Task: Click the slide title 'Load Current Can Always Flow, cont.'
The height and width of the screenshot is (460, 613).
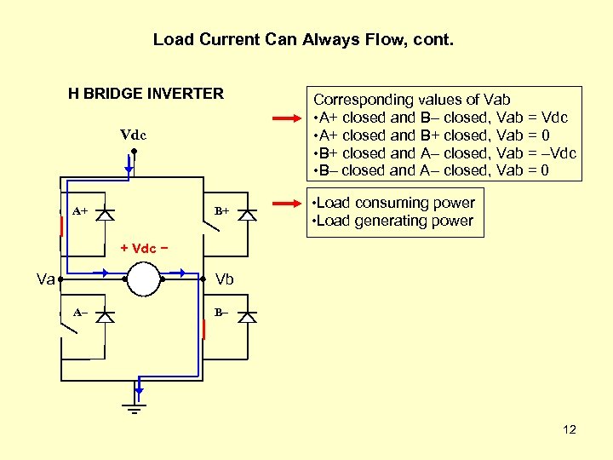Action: coord(305,39)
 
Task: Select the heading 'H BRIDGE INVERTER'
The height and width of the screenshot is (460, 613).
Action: coord(146,94)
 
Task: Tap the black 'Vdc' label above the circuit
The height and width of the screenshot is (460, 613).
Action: coord(133,135)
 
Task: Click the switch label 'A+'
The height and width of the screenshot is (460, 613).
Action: coord(79,210)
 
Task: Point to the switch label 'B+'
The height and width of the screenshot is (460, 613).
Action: coord(221,210)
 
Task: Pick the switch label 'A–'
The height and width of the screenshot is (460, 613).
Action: coord(79,313)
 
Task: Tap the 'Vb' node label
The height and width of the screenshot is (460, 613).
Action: coord(225,279)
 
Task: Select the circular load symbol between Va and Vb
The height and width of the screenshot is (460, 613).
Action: coord(143,279)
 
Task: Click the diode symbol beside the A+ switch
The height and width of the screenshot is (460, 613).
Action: coord(105,214)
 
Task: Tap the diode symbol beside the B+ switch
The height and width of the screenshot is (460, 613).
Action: coord(247,214)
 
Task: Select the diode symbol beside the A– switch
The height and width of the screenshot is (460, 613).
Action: coord(105,317)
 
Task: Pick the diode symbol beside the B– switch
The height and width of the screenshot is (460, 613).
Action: coord(247,317)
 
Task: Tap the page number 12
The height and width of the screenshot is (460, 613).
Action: coord(570,429)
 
